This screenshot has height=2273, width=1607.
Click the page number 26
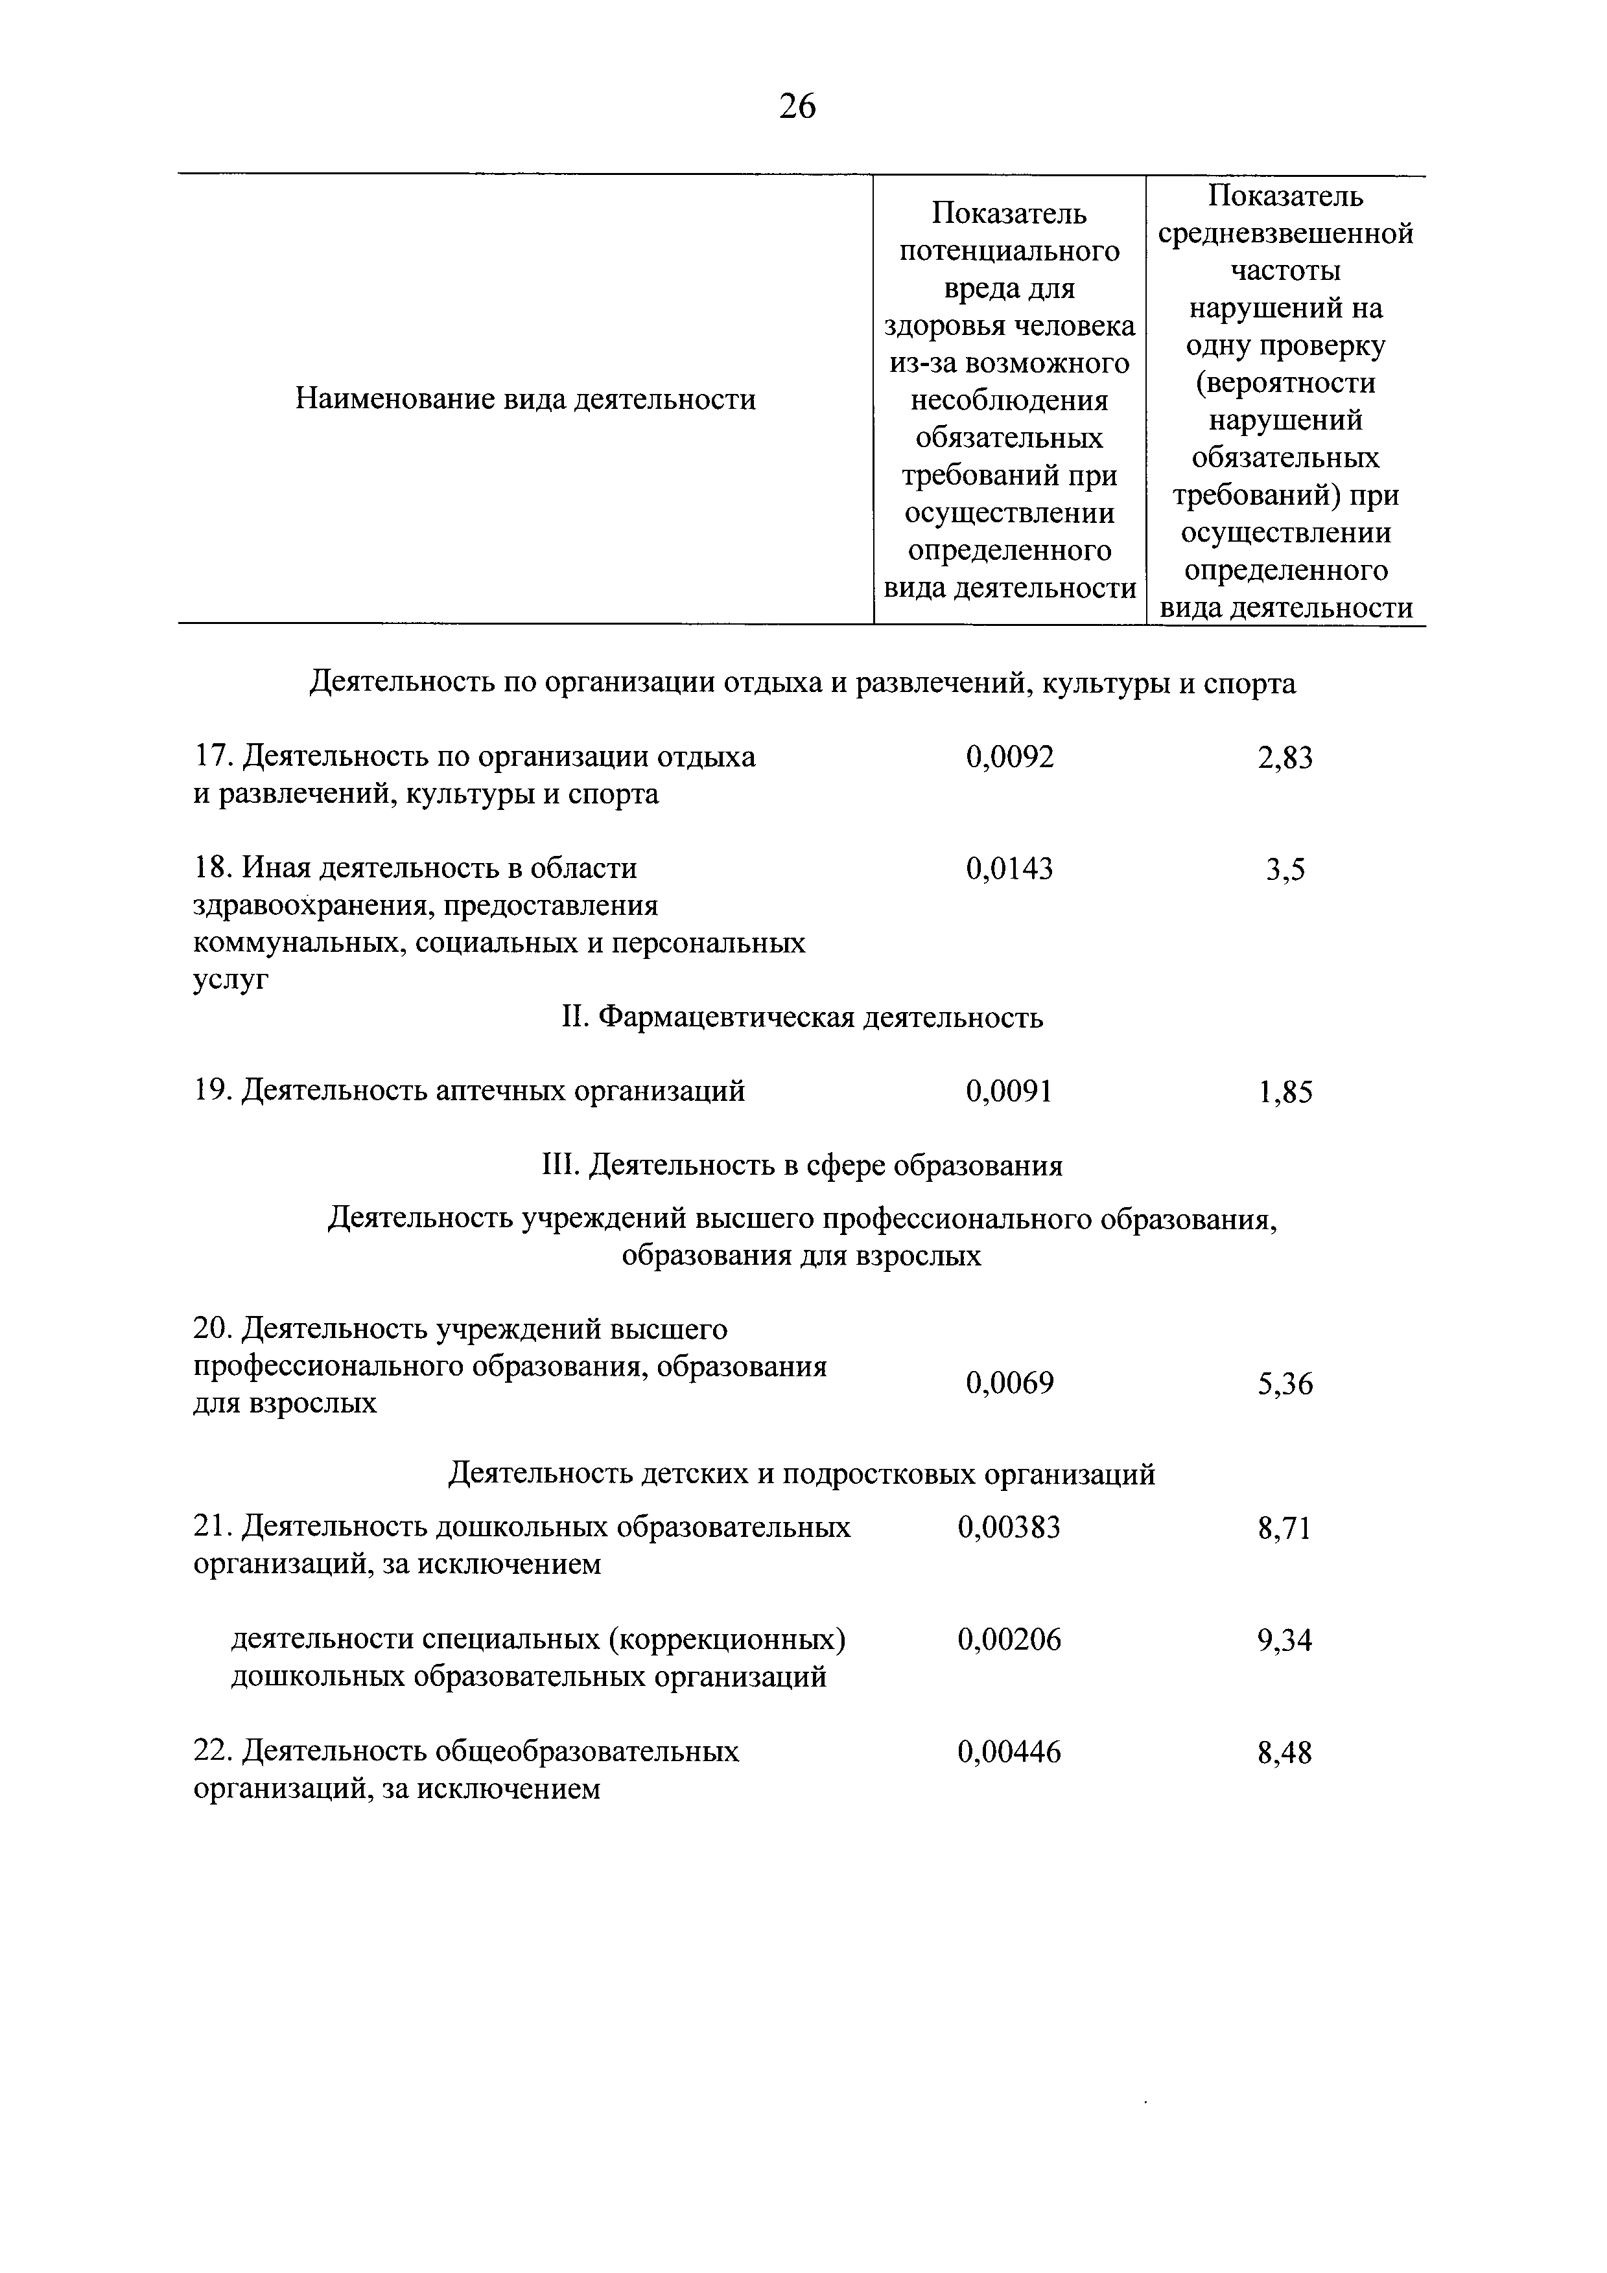pos(797,105)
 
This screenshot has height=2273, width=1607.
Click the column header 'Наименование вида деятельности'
pos(526,400)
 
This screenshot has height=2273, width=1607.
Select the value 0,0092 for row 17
pos(1010,757)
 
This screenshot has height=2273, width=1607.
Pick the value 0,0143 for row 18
pos(1010,869)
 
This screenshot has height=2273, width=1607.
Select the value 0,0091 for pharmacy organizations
pos(1009,1092)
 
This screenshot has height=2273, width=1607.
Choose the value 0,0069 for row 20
pos(1010,1383)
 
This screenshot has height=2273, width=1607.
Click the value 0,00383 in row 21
pos(1009,1529)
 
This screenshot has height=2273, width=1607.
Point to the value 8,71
pos(1284,1530)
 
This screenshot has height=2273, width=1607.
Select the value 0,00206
pos(1009,1641)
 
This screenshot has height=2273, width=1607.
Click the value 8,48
pos(1284,1754)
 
